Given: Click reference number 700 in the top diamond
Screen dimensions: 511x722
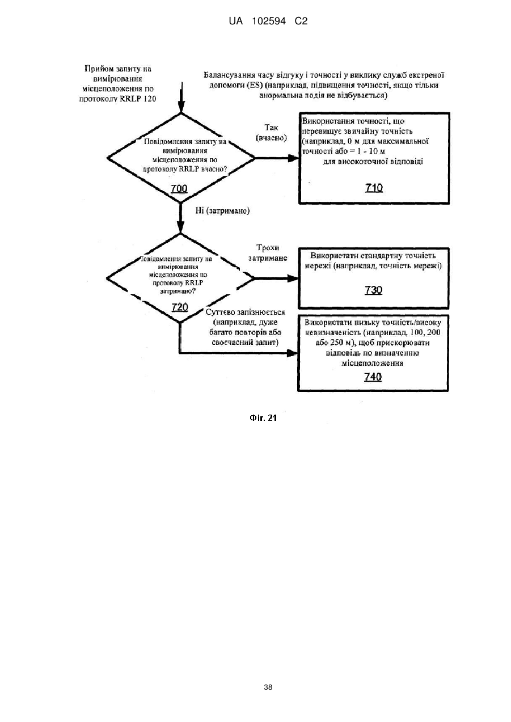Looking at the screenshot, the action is tap(179, 188).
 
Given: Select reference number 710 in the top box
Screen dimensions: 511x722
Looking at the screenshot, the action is tap(374, 188).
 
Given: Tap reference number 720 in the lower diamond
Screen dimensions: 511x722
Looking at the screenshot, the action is tap(180, 307).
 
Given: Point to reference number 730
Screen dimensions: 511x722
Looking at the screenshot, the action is tap(373, 290).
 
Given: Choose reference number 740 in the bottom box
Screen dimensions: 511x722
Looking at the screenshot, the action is tap(373, 377).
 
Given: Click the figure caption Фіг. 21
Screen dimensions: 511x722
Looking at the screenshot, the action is tap(263, 418).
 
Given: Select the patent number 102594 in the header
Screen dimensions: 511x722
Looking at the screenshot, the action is tap(269, 22).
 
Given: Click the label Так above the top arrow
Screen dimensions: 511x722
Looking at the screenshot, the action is tap(271, 128).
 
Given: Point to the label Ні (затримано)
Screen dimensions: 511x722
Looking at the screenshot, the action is tap(222, 211).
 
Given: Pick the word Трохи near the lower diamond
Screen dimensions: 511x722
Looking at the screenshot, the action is tap(268, 247).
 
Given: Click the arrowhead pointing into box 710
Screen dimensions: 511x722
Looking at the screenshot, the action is tap(293, 158).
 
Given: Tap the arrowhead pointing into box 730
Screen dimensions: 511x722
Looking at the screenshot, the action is tap(293, 278).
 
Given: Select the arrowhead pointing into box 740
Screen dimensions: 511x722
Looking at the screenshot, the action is tap(292, 353).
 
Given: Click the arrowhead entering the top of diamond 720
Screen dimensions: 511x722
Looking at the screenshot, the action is tap(180, 227).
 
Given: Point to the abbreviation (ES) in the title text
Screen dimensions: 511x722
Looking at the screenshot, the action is tap(253, 86).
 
